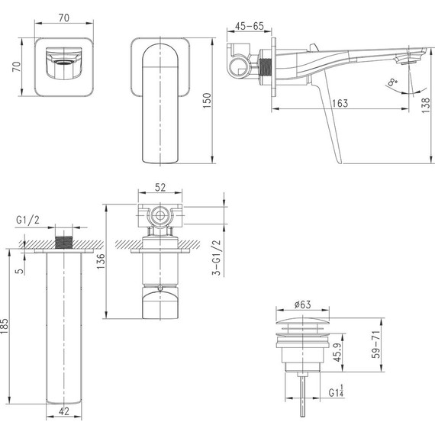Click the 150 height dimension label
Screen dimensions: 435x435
[x=208, y=101]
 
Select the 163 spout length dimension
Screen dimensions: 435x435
[x=340, y=103]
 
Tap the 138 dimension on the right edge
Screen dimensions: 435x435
[x=426, y=105]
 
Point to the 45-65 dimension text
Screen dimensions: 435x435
[x=249, y=26]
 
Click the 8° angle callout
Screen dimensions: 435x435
[x=392, y=82]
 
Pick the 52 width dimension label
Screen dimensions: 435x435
[x=160, y=188]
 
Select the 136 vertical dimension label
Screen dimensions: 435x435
[x=101, y=261]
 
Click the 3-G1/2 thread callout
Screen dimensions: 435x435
[x=217, y=257]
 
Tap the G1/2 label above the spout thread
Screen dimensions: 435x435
[x=27, y=220]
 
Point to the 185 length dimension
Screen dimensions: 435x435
[x=5, y=327]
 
